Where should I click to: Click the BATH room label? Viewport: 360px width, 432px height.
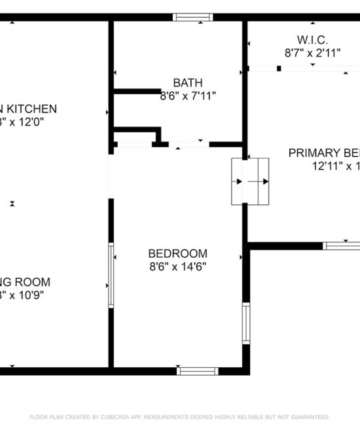188,82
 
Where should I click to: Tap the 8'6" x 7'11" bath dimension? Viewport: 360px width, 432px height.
188,96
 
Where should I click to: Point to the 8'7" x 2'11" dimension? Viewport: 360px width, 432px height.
312,53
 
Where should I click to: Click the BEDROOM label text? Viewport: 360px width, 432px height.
178,253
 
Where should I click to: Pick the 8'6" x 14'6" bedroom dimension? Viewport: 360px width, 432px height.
178,266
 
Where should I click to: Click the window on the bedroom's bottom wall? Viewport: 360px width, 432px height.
198,370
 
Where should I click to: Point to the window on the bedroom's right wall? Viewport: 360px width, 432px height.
246,324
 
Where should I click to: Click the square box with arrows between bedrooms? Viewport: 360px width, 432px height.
250,181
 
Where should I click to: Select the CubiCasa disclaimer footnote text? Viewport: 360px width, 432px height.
180,417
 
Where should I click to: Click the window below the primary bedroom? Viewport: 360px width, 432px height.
342,245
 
